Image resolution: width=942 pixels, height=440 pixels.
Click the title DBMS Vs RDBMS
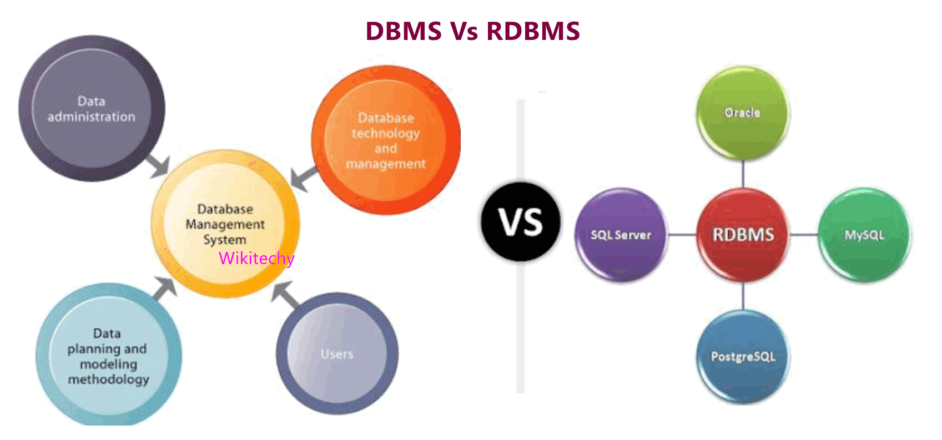[x=472, y=31]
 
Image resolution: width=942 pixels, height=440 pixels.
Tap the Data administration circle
[x=92, y=109]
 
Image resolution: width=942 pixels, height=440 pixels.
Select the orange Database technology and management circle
[x=386, y=140]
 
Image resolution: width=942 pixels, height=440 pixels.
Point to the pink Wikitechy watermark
[x=256, y=258]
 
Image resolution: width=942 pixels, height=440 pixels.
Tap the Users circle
[x=337, y=353]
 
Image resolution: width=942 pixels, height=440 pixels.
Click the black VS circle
[x=520, y=222]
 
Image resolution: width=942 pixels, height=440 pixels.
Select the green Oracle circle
[x=742, y=113]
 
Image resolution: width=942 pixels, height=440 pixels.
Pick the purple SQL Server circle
[x=621, y=235]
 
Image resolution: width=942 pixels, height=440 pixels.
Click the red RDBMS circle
[x=743, y=235]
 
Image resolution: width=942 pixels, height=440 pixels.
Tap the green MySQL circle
[x=864, y=235]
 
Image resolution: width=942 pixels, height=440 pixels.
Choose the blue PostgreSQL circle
[x=743, y=356]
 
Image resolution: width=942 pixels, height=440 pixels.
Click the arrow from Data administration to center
[x=158, y=166]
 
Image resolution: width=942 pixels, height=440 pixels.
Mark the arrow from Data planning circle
[x=164, y=288]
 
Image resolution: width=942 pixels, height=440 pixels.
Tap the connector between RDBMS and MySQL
[x=803, y=235]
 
